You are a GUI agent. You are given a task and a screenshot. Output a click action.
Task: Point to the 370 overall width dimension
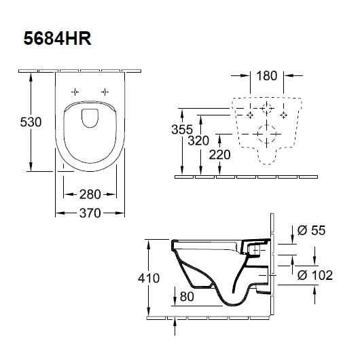89,213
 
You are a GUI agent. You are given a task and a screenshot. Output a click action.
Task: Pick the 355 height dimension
182,129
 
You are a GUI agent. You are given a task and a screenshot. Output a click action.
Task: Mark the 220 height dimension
220,154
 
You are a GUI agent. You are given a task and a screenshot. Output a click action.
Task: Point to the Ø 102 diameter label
315,275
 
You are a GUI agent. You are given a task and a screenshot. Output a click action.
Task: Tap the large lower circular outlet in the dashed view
266,134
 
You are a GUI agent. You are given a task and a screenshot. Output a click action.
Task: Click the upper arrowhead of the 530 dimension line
31,76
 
